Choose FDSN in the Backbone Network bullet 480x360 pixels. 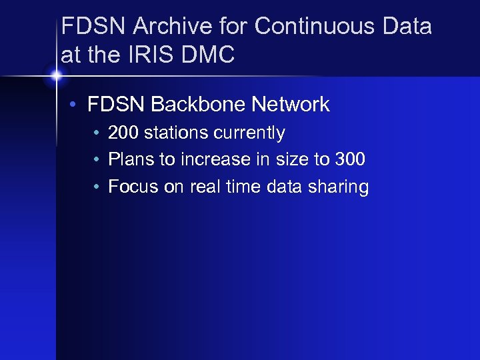pyautogui.click(x=116, y=105)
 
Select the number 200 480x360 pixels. pyautogui.click(x=123, y=133)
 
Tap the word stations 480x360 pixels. pyautogui.click(x=175, y=133)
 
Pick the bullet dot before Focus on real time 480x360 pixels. pyautogui.click(x=97, y=187)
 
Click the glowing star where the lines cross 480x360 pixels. pyautogui.click(x=56, y=75)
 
